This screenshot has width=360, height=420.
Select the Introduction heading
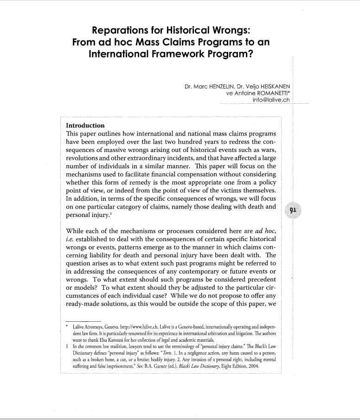pyautogui.click(x=85, y=125)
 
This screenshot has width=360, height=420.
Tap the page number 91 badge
pyautogui.click(x=293, y=209)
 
